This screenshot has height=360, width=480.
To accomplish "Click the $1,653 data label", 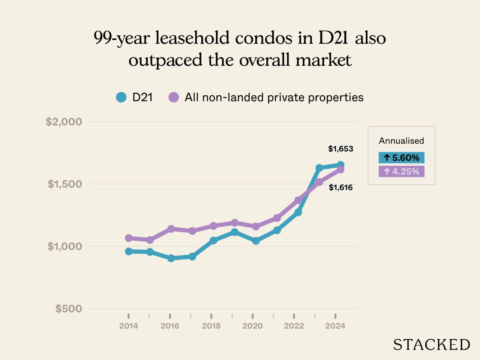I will pos(340,149).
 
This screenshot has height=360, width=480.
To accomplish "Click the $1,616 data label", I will pos(340,187).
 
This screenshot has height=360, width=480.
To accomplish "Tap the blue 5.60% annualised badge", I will pos(401,157).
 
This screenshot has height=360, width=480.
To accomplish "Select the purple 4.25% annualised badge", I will pos(401,172).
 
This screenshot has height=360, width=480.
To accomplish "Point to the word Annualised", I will pos(401,141).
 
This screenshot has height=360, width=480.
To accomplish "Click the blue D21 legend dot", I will pos(121,97).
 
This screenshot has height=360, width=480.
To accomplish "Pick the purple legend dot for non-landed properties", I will pos(174,97).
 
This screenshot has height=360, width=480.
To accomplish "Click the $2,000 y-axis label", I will pos(64,122).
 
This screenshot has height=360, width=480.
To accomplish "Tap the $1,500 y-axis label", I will pos(64,184).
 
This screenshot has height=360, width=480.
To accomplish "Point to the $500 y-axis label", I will pos(68,309).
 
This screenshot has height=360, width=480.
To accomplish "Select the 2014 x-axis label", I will pos(128,326).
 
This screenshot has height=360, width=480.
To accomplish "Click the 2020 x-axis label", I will pos(253,326).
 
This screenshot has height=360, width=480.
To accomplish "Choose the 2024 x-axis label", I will pos(335,326).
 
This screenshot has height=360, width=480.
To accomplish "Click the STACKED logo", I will pos(431,345).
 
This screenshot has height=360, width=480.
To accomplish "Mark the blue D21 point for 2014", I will pos(129,251).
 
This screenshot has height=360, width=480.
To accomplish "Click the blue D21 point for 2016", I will pos(171,258).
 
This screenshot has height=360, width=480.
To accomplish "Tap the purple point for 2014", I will pos(129,238).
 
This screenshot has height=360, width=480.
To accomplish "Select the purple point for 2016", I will pos(171,229).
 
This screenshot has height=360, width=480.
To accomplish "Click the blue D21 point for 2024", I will pos(340,165).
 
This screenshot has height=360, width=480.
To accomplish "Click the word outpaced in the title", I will pos(165,60).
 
